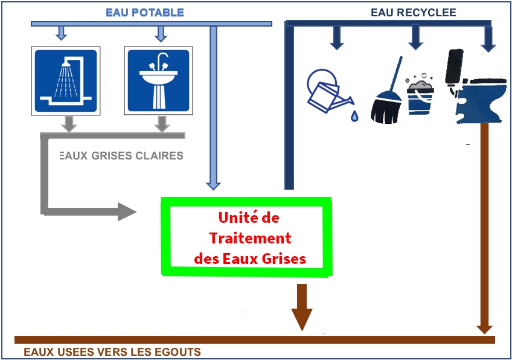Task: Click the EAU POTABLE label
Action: coord(145,13)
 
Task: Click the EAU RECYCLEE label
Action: coord(414,13)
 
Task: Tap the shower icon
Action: coord(66,81)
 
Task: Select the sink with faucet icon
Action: coord(158,81)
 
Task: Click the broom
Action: coord(387,95)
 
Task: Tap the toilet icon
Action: coord(475,86)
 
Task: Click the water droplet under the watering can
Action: coord(354,116)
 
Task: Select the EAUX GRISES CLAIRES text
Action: coord(121,155)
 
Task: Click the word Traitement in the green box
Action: coord(250,238)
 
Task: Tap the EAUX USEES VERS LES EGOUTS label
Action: coord(112,352)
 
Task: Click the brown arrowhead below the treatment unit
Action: coord(302,319)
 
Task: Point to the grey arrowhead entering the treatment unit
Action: coord(127,211)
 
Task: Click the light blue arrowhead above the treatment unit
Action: coord(214,186)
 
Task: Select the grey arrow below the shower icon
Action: coord(69,124)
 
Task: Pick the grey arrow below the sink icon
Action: coord(162,124)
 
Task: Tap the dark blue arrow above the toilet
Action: coord(488,39)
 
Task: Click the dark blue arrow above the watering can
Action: coord(337,37)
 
